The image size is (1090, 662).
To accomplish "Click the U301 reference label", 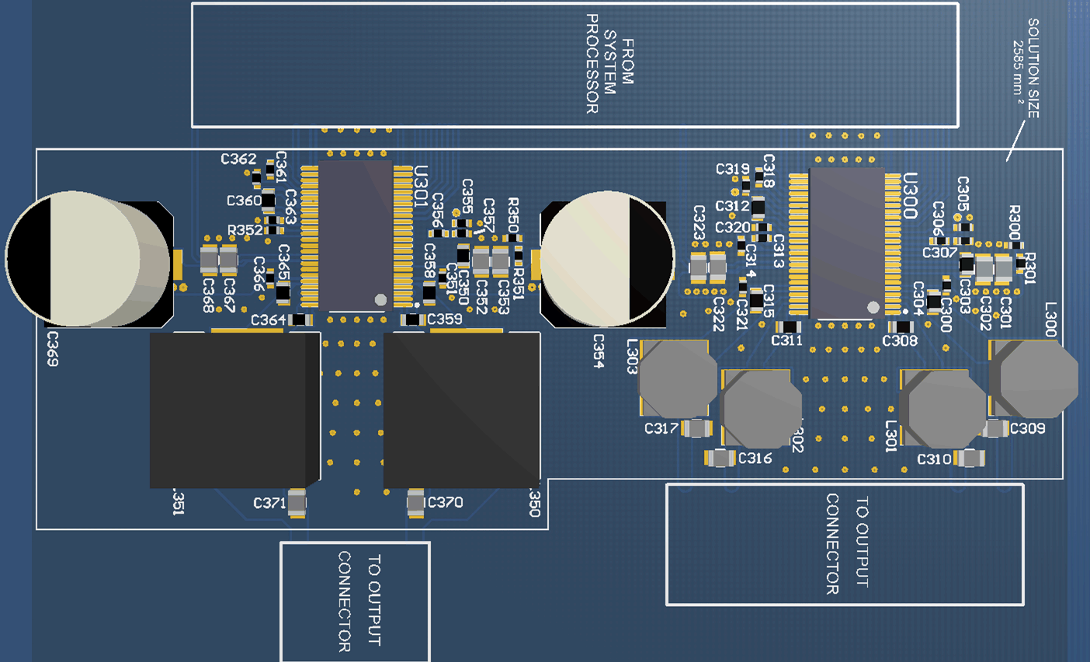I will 421,186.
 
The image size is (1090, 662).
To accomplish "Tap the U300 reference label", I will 911,195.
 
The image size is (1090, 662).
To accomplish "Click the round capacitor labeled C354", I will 607,258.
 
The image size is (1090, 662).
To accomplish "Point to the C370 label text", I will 445,503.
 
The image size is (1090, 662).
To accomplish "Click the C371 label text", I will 269,503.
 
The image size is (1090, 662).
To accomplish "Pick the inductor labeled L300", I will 1036,378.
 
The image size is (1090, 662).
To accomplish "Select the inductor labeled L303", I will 675,379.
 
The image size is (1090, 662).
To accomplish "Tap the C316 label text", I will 755,458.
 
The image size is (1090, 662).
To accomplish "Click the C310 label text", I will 934,459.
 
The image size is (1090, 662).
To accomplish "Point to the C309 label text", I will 1027,428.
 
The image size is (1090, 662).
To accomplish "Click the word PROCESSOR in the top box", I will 592,64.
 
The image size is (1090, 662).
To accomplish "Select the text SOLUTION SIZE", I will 1033,68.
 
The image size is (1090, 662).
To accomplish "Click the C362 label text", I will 238,159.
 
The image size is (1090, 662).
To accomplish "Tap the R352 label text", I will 245,231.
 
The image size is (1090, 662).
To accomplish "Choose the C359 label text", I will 444,319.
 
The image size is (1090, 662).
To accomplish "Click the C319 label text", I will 732,169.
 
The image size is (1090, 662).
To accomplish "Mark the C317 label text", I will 661,428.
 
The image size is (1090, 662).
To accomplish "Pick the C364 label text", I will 268,320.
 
